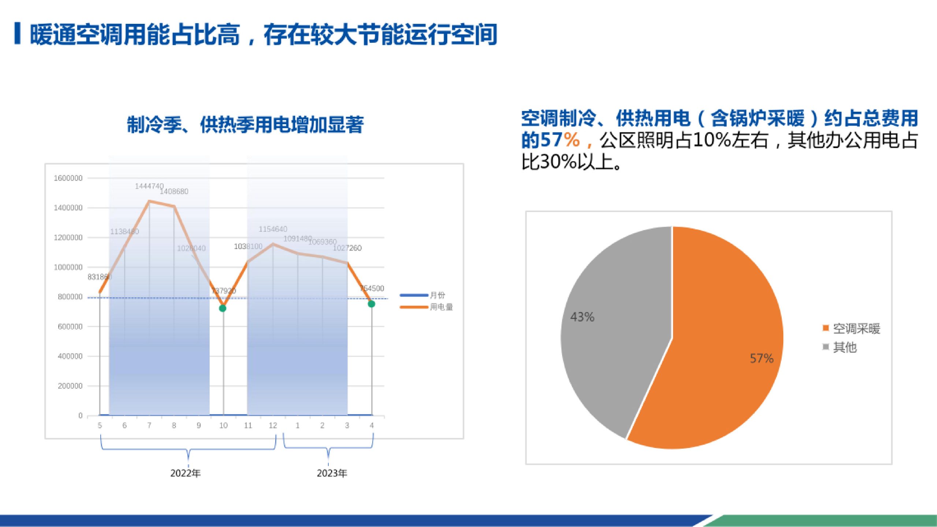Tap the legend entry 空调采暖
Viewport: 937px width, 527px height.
tap(856, 329)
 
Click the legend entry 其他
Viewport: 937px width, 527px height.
tap(844, 347)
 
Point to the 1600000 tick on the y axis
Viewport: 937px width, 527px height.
tap(68, 178)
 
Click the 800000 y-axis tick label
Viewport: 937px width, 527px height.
tap(70, 297)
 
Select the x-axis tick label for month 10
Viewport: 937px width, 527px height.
tap(223, 425)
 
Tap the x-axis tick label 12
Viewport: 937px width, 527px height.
tap(273, 425)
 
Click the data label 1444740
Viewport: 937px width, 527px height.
tap(149, 186)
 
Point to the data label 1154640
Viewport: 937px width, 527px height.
tap(273, 229)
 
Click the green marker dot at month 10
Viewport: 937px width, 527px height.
tap(223, 308)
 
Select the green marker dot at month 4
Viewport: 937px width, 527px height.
tap(371, 304)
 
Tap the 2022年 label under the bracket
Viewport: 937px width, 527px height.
tap(186, 473)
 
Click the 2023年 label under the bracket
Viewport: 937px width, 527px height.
tap(332, 473)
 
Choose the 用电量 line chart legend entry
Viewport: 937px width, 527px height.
tap(441, 307)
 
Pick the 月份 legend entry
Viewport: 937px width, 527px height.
tap(437, 295)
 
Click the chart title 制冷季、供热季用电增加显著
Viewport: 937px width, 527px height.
tap(245, 125)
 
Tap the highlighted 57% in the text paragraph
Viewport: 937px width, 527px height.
tap(560, 140)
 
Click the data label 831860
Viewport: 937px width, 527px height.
tap(99, 277)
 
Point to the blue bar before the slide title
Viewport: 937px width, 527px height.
tap(17, 34)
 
